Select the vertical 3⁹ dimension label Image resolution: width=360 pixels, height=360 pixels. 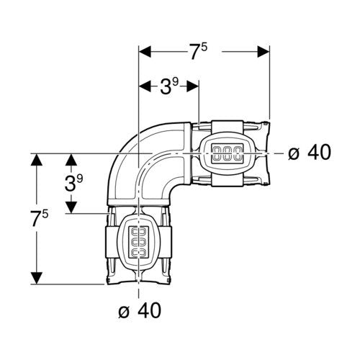click(x=73, y=183)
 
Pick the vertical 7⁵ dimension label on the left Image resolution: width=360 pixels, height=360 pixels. click(x=40, y=218)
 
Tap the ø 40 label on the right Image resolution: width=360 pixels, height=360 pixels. click(x=310, y=153)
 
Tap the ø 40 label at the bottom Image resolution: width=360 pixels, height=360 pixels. click(x=140, y=310)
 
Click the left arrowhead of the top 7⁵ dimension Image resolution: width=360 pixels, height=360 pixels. click(x=145, y=52)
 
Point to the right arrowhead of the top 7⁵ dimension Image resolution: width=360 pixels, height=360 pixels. click(x=264, y=52)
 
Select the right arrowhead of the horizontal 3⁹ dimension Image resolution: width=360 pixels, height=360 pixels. click(x=193, y=86)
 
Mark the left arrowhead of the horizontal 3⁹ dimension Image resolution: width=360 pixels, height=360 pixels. click(x=145, y=86)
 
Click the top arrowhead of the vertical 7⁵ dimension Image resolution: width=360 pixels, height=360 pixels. click(x=37, y=160)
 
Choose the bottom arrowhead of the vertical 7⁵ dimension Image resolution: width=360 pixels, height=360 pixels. click(x=37, y=278)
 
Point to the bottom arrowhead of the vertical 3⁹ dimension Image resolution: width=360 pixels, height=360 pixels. click(x=71, y=207)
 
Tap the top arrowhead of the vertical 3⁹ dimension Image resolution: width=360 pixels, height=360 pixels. click(x=71, y=160)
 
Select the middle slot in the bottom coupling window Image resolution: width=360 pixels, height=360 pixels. click(x=139, y=243)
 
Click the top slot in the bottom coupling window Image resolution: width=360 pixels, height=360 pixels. click(x=139, y=233)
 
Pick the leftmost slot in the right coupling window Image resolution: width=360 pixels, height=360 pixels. click(x=217, y=153)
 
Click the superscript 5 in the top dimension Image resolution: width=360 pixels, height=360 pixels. click(x=204, y=47)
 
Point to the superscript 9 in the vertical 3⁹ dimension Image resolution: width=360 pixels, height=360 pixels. click(x=80, y=179)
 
